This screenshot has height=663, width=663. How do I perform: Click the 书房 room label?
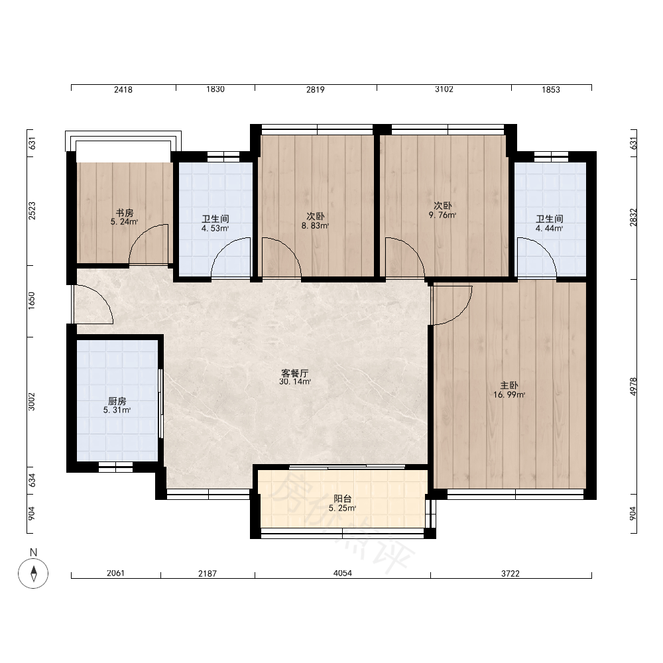pos(125,213)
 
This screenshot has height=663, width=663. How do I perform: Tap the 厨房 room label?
pos(117,401)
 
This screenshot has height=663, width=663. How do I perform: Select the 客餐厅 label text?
pos(295,373)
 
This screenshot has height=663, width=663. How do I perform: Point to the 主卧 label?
pos(509,386)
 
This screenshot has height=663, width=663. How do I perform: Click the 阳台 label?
pos(343,499)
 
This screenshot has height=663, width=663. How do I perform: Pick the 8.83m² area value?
pos(315,226)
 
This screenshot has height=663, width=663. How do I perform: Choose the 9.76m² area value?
pos(442,215)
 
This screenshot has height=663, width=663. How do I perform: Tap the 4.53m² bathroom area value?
pos(215,229)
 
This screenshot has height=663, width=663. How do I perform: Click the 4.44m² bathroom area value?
pos(549,229)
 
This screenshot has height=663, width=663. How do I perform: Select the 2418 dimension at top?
pos(123,90)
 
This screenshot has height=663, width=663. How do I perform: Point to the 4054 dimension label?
pos(343,573)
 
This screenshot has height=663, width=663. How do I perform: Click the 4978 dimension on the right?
pos(633,387)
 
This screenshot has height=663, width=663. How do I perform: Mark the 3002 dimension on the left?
pos(32,402)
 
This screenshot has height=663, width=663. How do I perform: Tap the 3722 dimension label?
pos(511,573)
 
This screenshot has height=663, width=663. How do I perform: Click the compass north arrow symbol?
pos(33,573)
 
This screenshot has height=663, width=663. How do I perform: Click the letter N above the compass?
pos(33,552)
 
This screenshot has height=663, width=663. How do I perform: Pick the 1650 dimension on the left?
pos(32,300)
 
